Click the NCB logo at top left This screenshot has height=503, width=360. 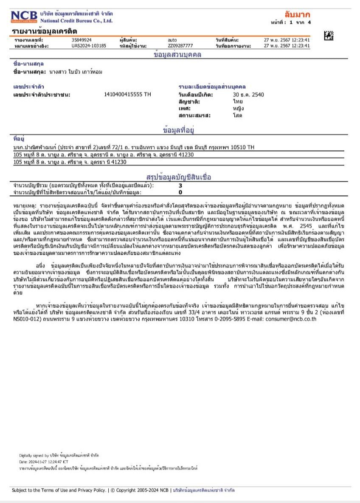pos(24,16)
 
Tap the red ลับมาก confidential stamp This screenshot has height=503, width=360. pos(298,14)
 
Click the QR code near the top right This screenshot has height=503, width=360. pos(329,36)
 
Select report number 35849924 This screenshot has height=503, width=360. pos(82,40)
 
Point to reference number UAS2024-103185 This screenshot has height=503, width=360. pos(89,45)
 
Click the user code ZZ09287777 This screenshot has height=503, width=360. pos(180,45)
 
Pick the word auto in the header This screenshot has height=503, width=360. pos(172,40)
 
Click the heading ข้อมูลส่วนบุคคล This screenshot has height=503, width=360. pos(177,55)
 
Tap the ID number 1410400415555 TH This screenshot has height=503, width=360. pos(127,95)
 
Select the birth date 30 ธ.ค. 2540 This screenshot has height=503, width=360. pos(248,95)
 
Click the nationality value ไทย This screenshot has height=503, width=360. pos(238,101)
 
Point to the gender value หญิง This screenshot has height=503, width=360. pos(238,108)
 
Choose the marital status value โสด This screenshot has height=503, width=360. pos(237,115)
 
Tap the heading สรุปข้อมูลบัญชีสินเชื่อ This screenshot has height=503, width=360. pos(178,177)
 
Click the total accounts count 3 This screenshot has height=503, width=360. pos(180,185)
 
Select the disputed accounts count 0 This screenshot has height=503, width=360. pos(180,192)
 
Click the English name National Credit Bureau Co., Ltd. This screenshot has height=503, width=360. pos(76,20)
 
